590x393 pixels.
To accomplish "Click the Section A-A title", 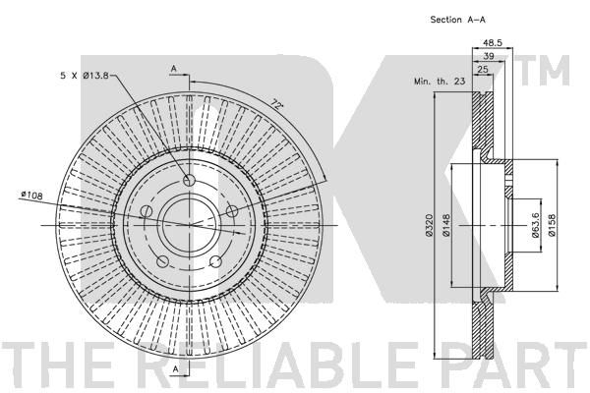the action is pos(457,20).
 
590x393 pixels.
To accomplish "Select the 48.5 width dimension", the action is pos(493,43).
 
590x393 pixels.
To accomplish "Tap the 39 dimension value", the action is pos(489,56).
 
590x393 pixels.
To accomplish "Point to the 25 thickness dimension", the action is pos(483,69).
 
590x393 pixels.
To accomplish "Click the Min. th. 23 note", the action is pos(440,81).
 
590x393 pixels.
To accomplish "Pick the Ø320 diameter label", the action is pos(430,225).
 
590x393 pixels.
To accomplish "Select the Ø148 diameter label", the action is pos(446,225).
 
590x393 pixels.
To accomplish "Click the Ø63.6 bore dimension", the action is pos(535,225).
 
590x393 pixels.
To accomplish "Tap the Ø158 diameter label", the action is pos(552,225).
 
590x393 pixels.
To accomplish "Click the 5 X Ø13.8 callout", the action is pos(85,76).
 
